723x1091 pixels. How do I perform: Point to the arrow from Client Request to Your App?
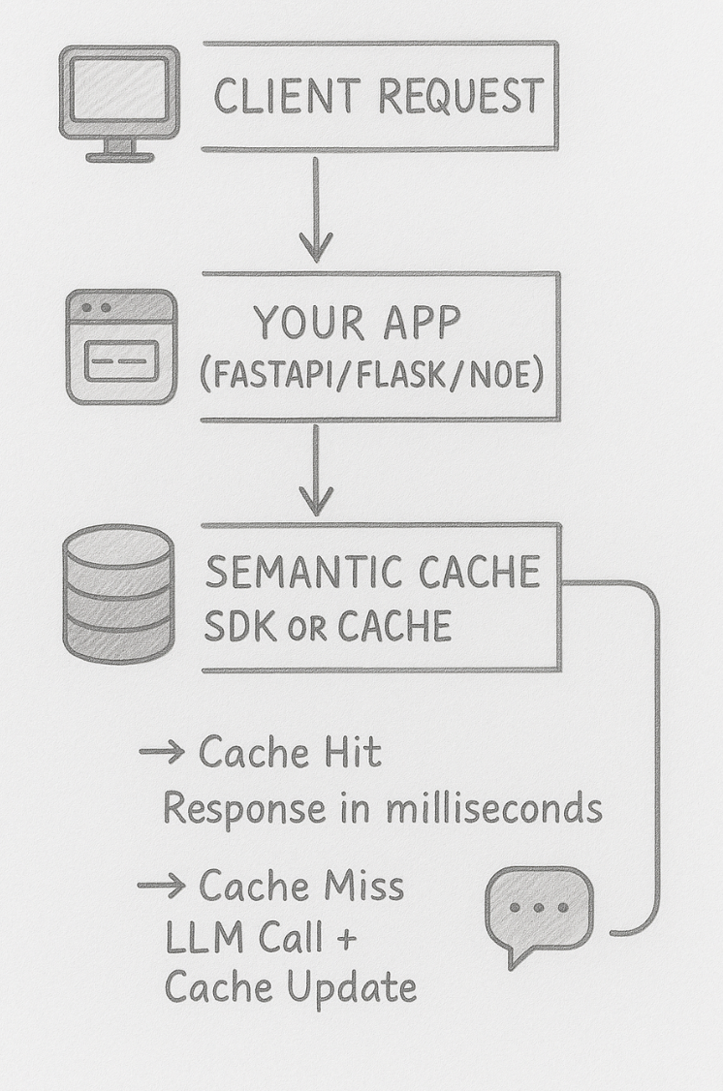pyautogui.click(x=315, y=210)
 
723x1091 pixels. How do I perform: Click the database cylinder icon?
pyautogui.click(x=117, y=594)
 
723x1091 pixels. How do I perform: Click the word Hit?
pyautogui.click(x=352, y=753)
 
